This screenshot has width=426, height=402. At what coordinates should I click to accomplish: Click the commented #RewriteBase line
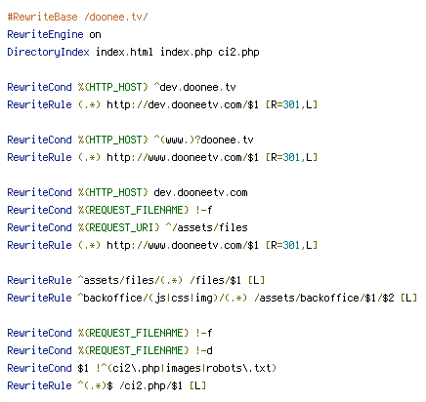pyautogui.click(x=77, y=17)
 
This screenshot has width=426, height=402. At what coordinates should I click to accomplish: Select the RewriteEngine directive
pyautogui.click(x=45, y=34)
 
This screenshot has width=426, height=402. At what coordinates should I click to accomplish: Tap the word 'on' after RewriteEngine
pyautogui.click(x=95, y=34)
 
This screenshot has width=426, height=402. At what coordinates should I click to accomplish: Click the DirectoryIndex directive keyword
pyautogui.click(x=48, y=52)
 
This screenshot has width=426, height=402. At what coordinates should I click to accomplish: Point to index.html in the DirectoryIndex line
pyautogui.click(x=124, y=52)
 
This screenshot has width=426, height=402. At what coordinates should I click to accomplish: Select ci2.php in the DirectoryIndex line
pyautogui.click(x=238, y=52)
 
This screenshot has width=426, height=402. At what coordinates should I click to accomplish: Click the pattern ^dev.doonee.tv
pyautogui.click(x=194, y=87)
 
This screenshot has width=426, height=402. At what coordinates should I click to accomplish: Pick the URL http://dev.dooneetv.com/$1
pyautogui.click(x=183, y=104)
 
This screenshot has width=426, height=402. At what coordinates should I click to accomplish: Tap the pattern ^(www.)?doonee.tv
pyautogui.click(x=203, y=140)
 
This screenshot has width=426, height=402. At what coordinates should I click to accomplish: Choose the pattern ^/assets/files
pyautogui.click(x=207, y=227)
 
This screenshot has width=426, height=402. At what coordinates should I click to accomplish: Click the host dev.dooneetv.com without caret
pyautogui.click(x=200, y=192)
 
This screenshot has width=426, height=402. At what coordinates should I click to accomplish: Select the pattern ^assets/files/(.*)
pyautogui.click(x=130, y=280)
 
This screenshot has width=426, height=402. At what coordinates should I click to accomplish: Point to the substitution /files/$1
pyautogui.click(x=215, y=280)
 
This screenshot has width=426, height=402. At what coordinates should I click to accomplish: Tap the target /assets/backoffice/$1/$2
pyautogui.click(x=324, y=298)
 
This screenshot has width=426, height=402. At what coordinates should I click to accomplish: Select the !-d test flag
pyautogui.click(x=204, y=350)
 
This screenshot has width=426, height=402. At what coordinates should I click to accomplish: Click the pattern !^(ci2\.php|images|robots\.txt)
pyautogui.click(x=187, y=368)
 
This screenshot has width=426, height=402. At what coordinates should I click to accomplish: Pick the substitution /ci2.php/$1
pyautogui.click(x=150, y=385)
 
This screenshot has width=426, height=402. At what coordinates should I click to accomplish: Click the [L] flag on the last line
pyautogui.click(x=197, y=385)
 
